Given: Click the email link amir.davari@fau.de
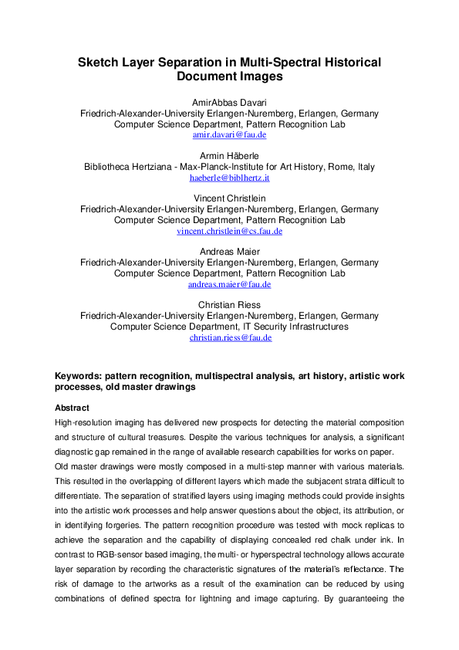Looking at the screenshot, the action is coord(229,134).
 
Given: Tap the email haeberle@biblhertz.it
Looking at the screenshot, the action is coord(229,178).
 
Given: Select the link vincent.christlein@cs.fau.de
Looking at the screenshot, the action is coord(229,231).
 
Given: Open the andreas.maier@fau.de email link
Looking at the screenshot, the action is coord(229,284).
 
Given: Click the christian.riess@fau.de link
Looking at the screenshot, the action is coord(229,337).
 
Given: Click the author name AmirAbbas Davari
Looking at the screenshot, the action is coord(229,103).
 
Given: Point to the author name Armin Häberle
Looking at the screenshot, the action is coord(229,156).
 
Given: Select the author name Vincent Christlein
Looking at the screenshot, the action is coord(229,198).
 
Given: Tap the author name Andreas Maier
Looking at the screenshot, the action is coord(229,252).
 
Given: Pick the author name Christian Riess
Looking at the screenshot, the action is coord(229,305).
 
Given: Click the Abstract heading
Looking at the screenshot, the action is coord(72,408).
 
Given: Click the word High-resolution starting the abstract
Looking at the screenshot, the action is coord(86,423).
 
